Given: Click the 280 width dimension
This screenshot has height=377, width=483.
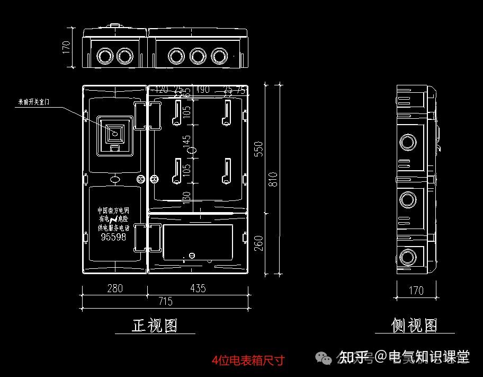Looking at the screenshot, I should (x=114, y=288).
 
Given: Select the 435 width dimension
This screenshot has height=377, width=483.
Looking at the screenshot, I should (x=198, y=288).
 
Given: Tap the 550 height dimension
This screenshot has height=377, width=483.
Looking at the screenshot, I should (x=259, y=149).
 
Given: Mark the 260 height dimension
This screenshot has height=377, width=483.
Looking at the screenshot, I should (x=259, y=243).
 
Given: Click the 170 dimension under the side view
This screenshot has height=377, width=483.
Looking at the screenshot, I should (x=416, y=291).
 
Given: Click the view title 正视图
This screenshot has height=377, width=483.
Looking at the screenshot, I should (x=155, y=325).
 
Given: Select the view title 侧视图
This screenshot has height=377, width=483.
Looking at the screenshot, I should (x=415, y=325).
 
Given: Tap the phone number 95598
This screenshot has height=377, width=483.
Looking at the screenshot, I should (x=113, y=238).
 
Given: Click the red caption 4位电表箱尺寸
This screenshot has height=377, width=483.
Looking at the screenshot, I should (x=248, y=361).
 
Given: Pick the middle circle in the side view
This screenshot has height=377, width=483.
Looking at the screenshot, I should (x=408, y=199).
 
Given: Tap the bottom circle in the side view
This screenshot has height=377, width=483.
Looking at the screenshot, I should (x=408, y=258).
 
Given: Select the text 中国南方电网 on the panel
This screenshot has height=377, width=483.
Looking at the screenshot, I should (x=113, y=211).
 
